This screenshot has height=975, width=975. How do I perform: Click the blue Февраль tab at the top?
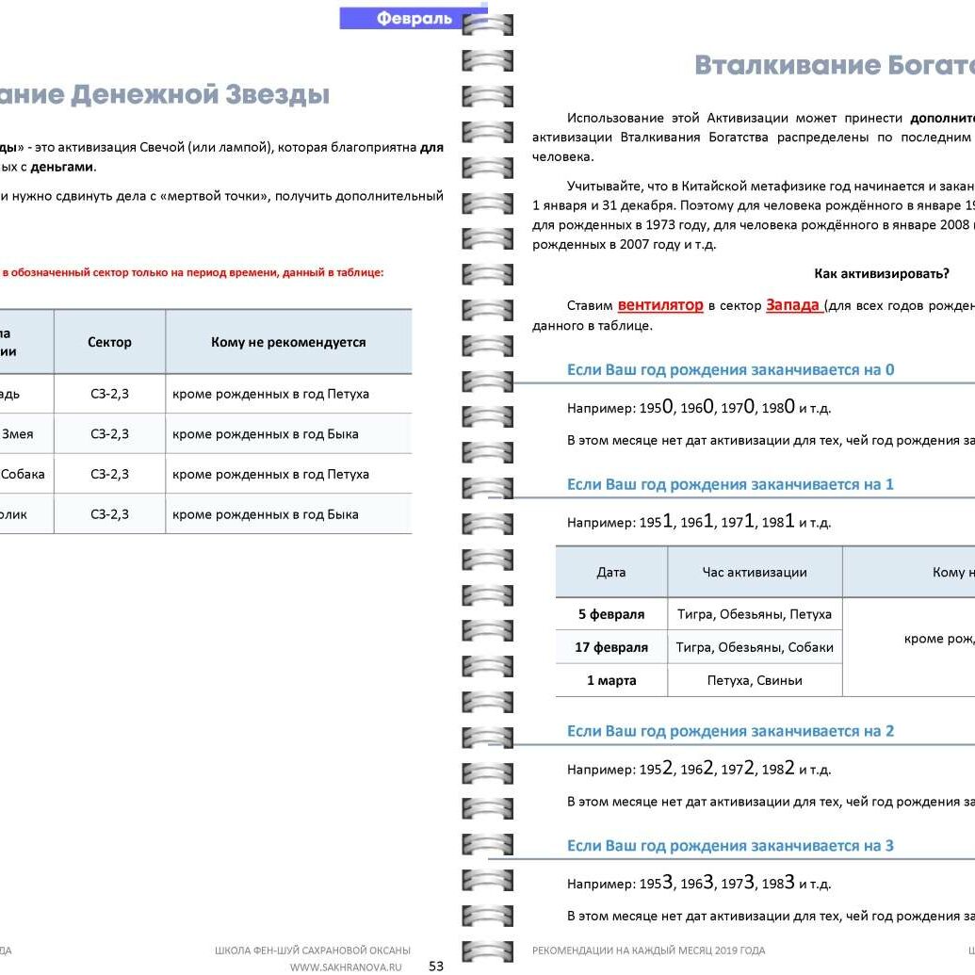pos(414,18)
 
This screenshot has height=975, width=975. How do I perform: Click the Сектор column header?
pos(109,342)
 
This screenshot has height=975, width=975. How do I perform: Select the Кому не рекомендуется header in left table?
pos(288,342)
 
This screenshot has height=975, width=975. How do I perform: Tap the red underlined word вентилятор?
pos(660,305)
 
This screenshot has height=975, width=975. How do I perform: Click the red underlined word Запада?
pos(793,305)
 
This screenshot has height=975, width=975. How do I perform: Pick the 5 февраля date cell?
pos(611,614)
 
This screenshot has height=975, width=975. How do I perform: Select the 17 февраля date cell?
pos(611,647)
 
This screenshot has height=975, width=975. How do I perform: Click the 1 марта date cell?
pos(611,680)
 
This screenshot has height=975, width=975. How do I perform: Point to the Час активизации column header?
pos(755,572)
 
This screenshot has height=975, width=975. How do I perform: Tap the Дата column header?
pos(611,572)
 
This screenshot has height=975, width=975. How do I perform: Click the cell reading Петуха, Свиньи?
pos(755,680)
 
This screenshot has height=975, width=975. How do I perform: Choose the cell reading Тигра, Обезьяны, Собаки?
pos(755,647)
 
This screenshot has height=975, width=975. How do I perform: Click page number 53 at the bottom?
pos(436,966)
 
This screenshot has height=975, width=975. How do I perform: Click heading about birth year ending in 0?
pos(730,369)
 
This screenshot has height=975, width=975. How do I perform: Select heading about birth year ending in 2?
pos(730,731)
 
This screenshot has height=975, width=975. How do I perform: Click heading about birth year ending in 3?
pos(730,845)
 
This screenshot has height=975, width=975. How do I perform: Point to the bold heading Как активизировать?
pos(881,274)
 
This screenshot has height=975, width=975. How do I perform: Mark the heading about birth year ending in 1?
pos(730,484)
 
